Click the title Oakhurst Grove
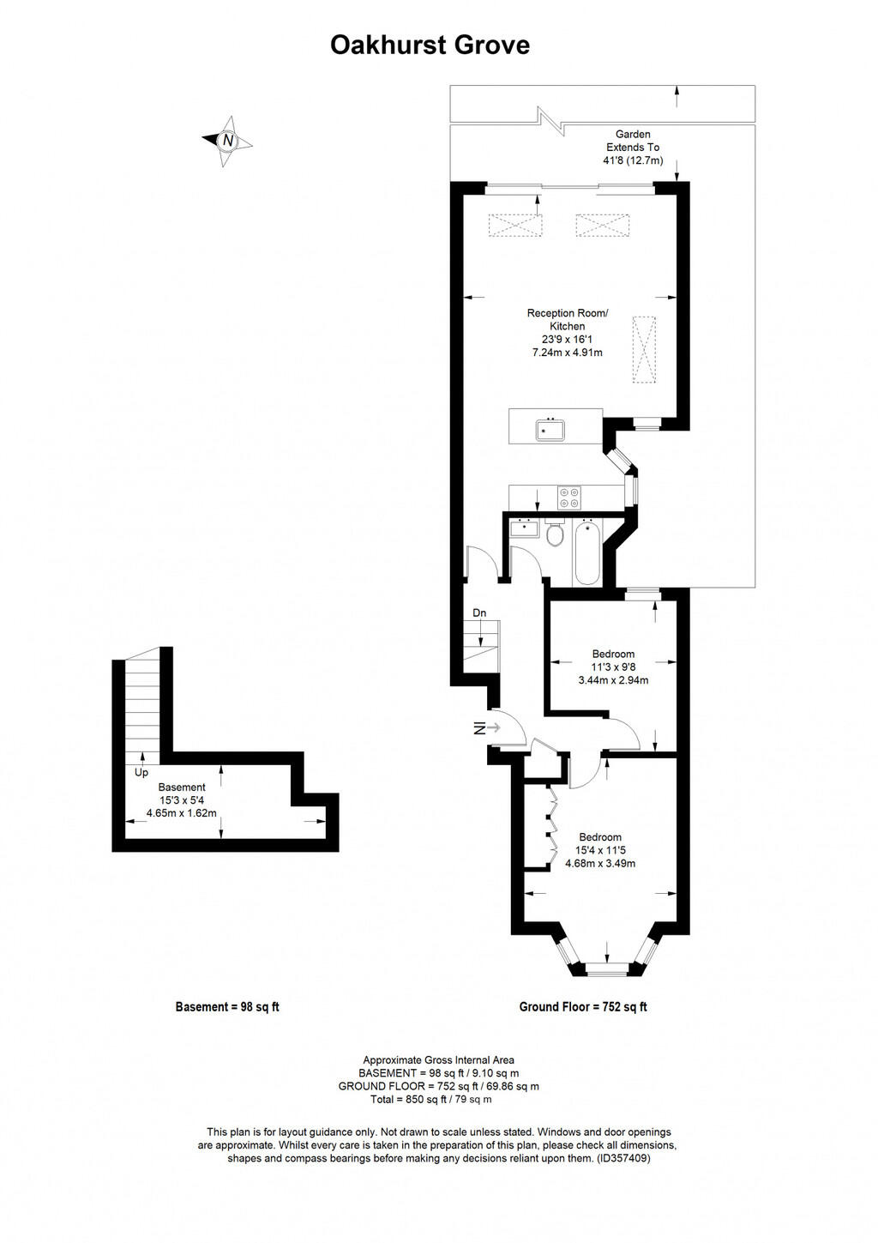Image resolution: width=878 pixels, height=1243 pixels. click(430, 45)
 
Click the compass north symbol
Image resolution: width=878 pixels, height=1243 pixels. click(227, 141)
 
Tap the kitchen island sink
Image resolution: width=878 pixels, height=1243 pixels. click(550, 427)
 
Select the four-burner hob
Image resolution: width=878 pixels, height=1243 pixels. click(569, 498)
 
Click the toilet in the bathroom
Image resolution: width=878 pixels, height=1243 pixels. click(554, 534)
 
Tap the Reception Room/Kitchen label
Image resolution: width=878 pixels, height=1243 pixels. click(567, 319)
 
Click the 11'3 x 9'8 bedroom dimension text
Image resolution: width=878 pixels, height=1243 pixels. click(613, 667)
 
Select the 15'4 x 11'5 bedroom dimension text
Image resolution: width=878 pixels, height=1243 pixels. click(600, 851)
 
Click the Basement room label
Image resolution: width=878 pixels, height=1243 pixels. click(182, 787)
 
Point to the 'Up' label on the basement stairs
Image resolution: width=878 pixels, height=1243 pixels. click(141, 773)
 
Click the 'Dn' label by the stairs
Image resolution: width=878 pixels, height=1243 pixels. click(479, 612)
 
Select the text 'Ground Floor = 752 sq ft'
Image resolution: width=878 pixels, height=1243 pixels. click(583, 1007)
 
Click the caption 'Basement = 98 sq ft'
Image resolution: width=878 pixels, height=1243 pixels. click(227, 1007)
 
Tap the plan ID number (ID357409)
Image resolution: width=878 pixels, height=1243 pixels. click(623, 1158)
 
